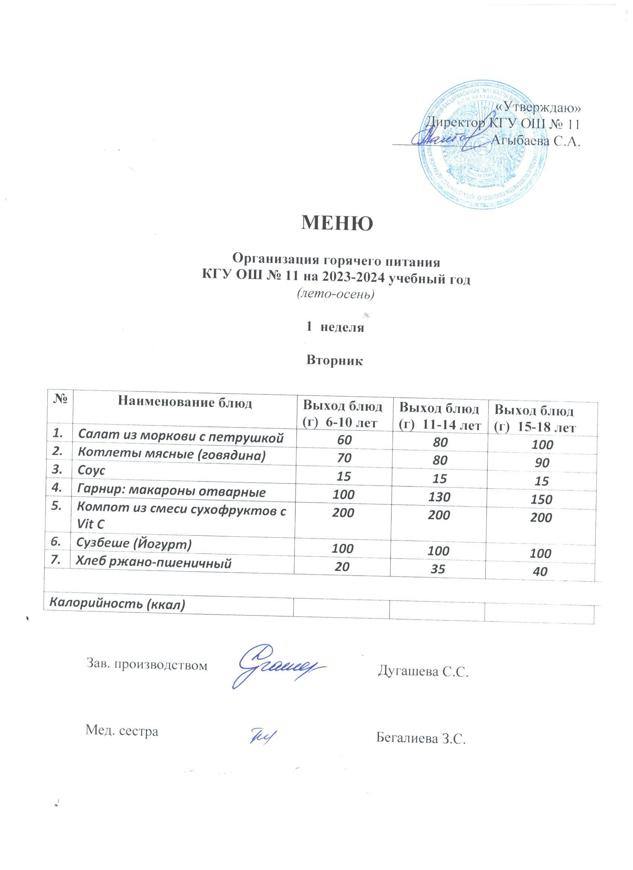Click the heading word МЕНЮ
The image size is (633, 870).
337,223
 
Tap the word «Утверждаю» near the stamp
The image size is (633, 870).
537,108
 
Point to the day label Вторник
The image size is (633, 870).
335,361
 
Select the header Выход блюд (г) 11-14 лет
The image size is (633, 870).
439,416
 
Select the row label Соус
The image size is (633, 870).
91,471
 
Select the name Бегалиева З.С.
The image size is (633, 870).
420,738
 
